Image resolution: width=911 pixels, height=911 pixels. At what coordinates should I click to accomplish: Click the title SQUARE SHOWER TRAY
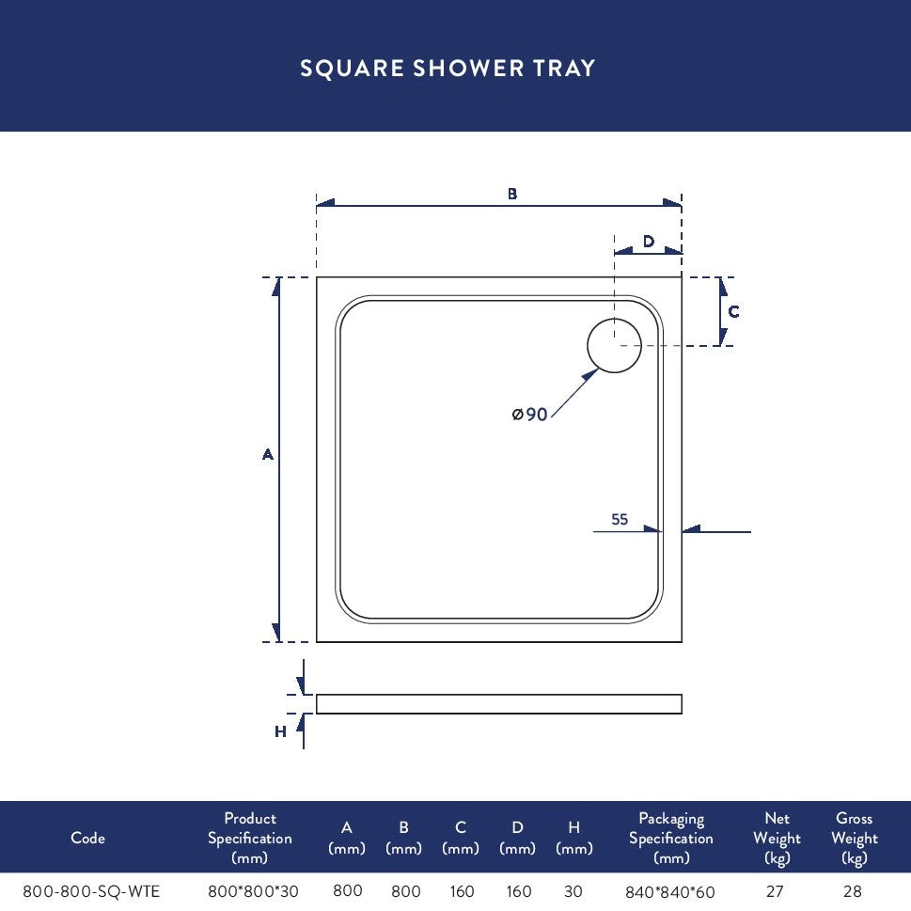(x=448, y=68)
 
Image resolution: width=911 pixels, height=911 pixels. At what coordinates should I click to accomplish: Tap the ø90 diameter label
(x=529, y=415)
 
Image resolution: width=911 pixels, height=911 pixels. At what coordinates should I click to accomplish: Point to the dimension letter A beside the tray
(x=267, y=454)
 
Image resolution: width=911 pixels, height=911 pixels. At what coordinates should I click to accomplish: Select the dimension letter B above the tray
(x=511, y=194)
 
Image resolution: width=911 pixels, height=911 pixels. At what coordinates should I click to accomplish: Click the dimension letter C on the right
(x=734, y=312)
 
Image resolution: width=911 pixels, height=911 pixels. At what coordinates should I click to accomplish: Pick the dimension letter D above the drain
(x=649, y=241)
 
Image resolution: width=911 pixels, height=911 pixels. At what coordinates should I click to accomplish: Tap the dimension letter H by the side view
(x=280, y=731)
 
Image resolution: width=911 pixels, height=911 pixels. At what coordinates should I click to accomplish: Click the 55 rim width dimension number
(x=620, y=519)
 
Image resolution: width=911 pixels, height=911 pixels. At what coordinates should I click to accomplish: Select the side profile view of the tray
(x=499, y=703)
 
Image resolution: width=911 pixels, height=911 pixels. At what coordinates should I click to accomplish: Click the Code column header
(x=87, y=838)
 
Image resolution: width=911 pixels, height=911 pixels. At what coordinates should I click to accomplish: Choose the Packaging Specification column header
(x=671, y=838)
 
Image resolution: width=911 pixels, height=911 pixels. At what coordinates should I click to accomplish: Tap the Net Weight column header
(x=777, y=838)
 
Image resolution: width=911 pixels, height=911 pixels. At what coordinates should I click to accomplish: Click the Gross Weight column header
(x=854, y=838)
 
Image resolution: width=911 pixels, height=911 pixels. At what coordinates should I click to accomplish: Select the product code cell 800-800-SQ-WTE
(x=91, y=891)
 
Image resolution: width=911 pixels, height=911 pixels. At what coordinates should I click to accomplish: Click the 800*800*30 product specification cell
(x=253, y=891)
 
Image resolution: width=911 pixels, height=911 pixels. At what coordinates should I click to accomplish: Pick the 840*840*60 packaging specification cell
(x=670, y=892)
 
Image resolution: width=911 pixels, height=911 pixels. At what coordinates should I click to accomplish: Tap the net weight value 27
(x=775, y=891)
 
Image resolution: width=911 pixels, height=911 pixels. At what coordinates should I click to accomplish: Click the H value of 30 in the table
(x=573, y=891)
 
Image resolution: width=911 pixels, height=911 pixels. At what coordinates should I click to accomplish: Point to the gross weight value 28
(x=853, y=891)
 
